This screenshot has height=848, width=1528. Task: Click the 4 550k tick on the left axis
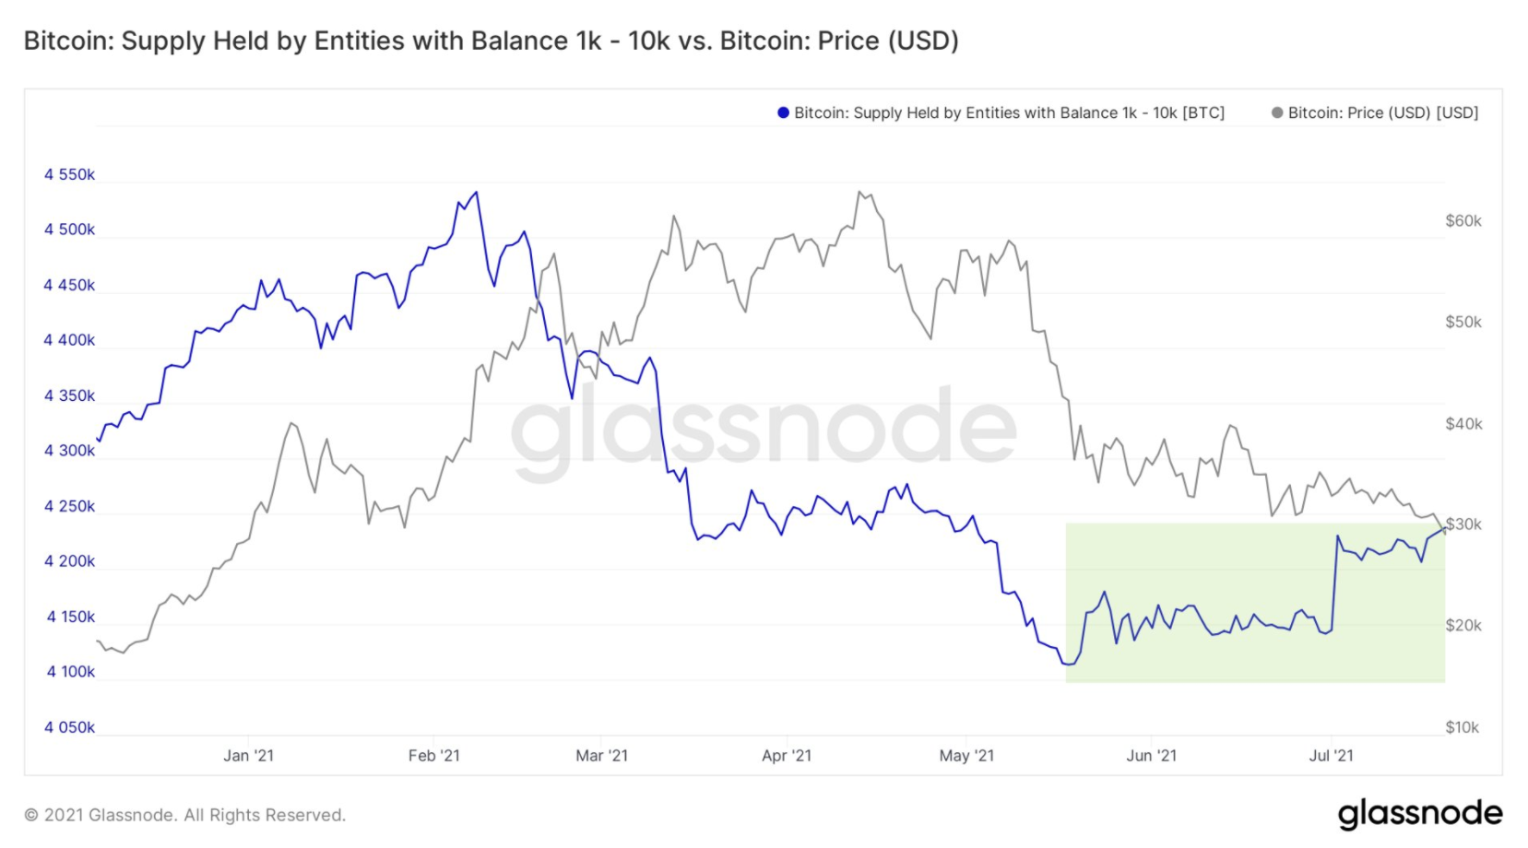tap(69, 175)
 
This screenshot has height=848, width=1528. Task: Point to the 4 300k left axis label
tap(69, 451)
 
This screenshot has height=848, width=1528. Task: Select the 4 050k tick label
tap(69, 727)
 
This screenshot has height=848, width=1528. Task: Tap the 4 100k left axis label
tap(70, 672)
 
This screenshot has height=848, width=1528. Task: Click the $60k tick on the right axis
tap(1463, 221)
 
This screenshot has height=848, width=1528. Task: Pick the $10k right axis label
tap(1462, 727)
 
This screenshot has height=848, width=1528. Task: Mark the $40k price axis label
tap(1463, 424)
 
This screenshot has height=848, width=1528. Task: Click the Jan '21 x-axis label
tap(248, 756)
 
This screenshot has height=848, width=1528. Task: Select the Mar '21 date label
tap(601, 756)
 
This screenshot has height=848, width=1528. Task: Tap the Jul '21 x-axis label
tap(1331, 756)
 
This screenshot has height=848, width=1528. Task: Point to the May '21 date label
tap(966, 756)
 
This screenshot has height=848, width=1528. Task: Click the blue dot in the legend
tap(783, 113)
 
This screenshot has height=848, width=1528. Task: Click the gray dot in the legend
tap(1277, 113)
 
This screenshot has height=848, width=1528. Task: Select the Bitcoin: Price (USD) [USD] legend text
tap(1382, 113)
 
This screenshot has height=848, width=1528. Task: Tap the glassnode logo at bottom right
tap(1419, 813)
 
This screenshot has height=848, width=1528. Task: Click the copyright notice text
tap(184, 815)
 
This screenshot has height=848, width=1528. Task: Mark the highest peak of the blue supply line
tap(476, 193)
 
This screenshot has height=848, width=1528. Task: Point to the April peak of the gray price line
tap(859, 192)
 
